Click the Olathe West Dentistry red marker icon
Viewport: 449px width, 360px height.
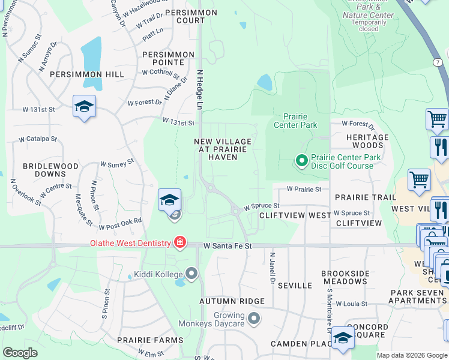pos(179,242)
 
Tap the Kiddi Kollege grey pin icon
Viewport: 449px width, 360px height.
pos(191,274)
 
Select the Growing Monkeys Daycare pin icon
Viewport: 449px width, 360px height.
pos(255,318)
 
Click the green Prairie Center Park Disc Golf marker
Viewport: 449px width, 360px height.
pos(302,160)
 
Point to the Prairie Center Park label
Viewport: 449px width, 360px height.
pos(295,121)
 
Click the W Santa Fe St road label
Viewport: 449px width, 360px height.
pos(228,246)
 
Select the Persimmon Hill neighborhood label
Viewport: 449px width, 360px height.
pos(87,74)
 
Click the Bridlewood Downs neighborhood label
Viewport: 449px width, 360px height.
pos(50,170)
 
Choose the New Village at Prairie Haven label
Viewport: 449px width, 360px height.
pos(223,149)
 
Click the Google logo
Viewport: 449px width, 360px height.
pos(20,353)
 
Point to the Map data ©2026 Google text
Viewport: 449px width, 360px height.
pos(412,355)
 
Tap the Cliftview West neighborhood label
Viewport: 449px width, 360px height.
pos(295,215)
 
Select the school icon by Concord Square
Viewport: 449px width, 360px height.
pos(343,338)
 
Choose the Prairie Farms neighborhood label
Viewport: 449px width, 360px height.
pos(150,340)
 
